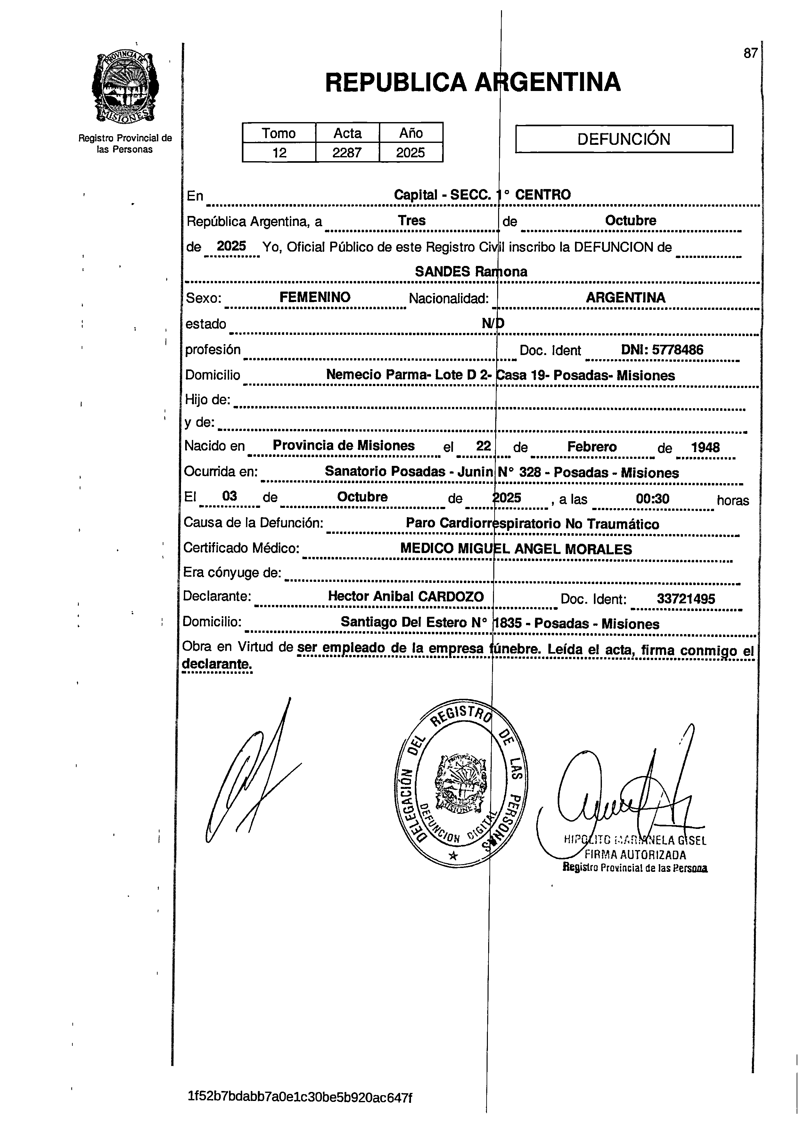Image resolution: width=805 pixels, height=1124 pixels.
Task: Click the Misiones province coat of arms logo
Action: click(125, 88)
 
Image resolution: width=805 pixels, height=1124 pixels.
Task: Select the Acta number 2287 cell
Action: click(347, 152)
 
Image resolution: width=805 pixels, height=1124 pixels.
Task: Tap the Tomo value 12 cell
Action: click(279, 152)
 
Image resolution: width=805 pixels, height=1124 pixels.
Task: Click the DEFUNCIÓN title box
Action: click(624, 139)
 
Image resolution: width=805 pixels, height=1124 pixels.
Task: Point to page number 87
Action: click(750, 53)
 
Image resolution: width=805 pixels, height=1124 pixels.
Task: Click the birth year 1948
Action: click(705, 448)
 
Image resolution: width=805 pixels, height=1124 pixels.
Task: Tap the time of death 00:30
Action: click(653, 499)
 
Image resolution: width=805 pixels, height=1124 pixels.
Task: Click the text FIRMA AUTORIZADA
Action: click(635, 855)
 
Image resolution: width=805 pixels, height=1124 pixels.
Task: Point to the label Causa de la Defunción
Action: click(253, 522)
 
